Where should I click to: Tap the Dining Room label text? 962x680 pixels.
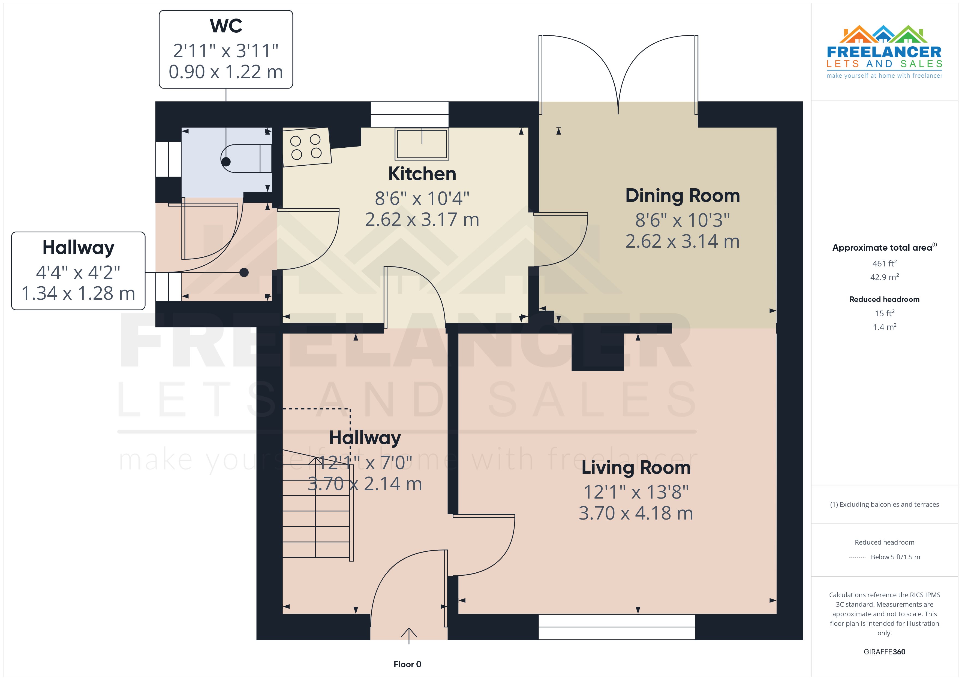682,196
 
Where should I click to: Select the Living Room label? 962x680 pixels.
636,467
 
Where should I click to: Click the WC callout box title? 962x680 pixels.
226,26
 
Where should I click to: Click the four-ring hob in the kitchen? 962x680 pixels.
306,147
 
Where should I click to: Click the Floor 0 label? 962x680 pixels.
407,664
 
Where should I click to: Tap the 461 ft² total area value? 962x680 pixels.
884,263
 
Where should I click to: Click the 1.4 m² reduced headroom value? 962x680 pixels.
884,327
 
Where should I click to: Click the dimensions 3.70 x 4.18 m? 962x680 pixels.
636,513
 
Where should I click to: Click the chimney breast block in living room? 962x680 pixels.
597,352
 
